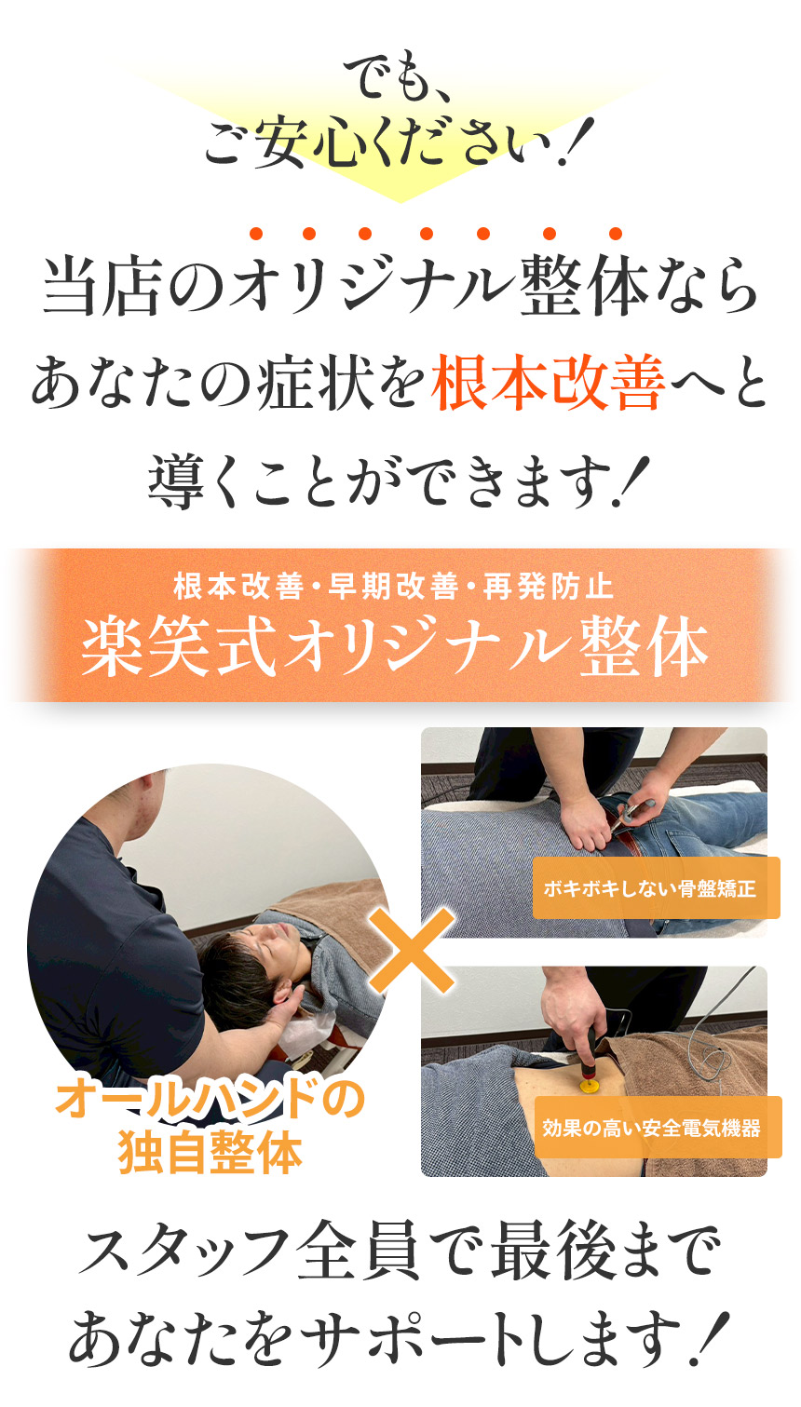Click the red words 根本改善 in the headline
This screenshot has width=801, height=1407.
point(549,384)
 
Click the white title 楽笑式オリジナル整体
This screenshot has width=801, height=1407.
point(395,647)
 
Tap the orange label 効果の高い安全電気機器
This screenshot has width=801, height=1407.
point(652,1128)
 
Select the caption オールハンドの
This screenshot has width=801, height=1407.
point(210,1099)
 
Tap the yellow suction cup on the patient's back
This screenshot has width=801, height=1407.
point(590,1085)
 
